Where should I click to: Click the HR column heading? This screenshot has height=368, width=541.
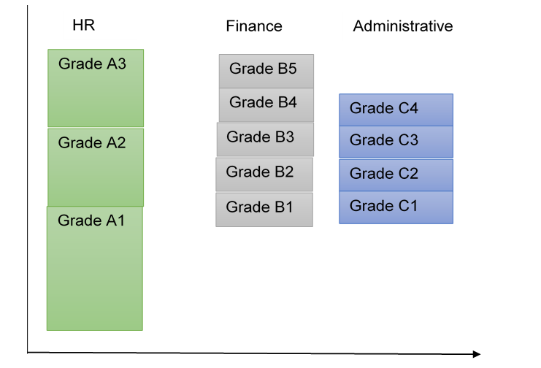coord(83,26)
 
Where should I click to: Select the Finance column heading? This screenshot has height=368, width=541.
coord(253,26)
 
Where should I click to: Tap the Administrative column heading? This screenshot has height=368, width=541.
coord(402,26)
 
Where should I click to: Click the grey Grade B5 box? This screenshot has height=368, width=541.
coord(266,72)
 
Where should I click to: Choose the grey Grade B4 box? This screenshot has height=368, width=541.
coord(266,105)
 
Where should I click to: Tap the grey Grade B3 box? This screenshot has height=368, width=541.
coord(265,139)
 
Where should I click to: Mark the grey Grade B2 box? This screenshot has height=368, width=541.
coord(264,174)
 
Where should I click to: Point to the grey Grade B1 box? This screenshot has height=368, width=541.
coord(264,210)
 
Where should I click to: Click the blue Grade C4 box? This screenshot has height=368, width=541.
coord(396,110)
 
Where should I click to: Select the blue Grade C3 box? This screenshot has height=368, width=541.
coord(396,142)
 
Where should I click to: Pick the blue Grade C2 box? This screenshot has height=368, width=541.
coord(396,175)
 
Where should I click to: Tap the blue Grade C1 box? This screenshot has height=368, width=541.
coord(396,207)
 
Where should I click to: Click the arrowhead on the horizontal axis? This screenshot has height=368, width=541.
coord(476,354)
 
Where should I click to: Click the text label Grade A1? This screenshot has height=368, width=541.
coord(91,220)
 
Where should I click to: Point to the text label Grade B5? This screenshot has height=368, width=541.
coord(263,69)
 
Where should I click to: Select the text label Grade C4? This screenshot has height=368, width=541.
coord(384,108)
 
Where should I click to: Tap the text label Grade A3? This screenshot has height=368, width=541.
coord(93,64)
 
